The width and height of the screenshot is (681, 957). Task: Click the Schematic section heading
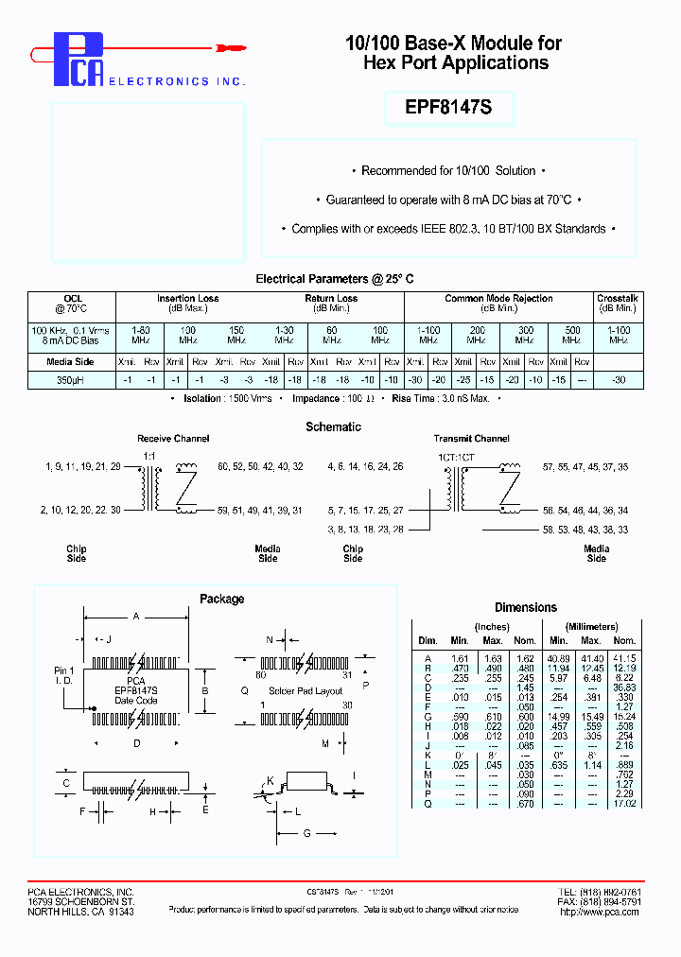tap(333, 426)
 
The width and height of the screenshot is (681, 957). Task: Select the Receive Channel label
tap(173, 439)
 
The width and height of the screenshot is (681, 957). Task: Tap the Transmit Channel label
tap(471, 439)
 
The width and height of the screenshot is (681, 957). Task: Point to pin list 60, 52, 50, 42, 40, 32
tap(260, 467)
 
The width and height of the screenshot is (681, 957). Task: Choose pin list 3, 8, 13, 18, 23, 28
tap(365, 530)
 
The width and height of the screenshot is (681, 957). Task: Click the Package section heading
tap(221, 599)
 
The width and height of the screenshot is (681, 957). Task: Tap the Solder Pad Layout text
tap(305, 691)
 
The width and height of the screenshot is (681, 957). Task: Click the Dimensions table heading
tap(526, 607)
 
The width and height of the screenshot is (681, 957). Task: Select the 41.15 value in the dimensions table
tap(623, 657)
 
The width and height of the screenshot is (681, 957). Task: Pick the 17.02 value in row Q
tap(623, 803)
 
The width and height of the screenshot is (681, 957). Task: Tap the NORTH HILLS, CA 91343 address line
tap(80, 912)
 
